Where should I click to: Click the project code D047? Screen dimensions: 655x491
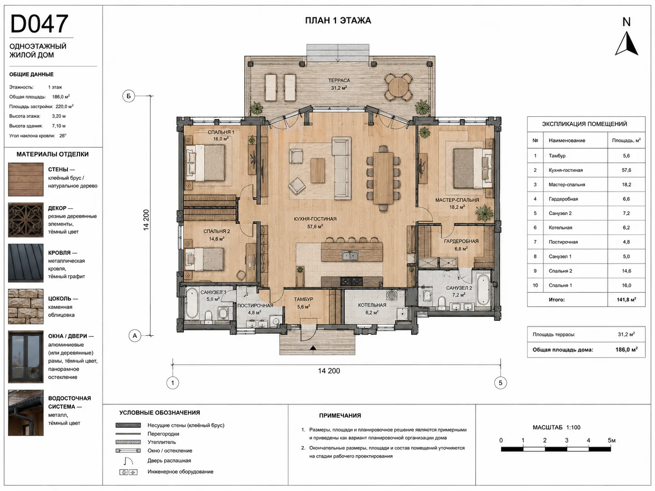pyautogui.click(x=39, y=24)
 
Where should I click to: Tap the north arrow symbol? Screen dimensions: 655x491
pyautogui.click(x=626, y=45)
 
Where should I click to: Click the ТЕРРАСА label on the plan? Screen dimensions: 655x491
pyautogui.click(x=339, y=80)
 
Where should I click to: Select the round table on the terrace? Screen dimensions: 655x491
pyautogui.click(x=398, y=87)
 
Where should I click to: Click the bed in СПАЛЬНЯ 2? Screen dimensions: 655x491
pyautogui.click(x=204, y=260)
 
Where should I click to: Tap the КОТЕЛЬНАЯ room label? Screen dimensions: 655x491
pyautogui.click(x=372, y=305)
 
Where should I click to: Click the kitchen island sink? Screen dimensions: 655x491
pyautogui.click(x=350, y=255)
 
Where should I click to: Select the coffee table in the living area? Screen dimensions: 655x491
pyautogui.click(x=318, y=170)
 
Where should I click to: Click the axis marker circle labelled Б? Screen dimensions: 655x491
pyautogui.click(x=128, y=96)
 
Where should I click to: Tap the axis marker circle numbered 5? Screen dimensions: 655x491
pyautogui.click(x=500, y=383)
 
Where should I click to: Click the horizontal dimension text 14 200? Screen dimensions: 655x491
pyautogui.click(x=329, y=371)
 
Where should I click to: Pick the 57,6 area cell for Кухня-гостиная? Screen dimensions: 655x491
pyautogui.click(x=627, y=170)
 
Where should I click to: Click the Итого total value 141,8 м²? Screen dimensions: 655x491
pyautogui.click(x=627, y=300)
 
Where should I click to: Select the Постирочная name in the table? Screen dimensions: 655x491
pyautogui.click(x=563, y=242)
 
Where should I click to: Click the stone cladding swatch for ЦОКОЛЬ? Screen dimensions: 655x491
pyautogui.click(x=26, y=306)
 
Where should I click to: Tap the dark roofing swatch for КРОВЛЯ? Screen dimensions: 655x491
pyautogui.click(x=26, y=263)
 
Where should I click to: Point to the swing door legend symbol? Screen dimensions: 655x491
pyautogui.click(x=128, y=461)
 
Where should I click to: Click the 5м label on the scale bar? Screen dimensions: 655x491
pyautogui.click(x=612, y=440)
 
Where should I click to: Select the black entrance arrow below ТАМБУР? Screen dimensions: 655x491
pyautogui.click(x=313, y=348)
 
